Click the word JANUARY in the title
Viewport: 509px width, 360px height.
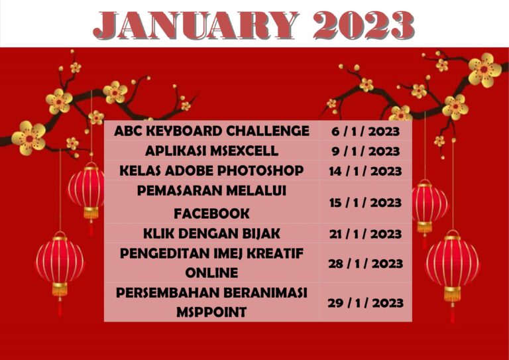pyautogui.click(x=196, y=25)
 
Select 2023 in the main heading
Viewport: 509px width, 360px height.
pyautogui.click(x=364, y=25)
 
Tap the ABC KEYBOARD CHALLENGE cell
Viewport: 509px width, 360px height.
pyautogui.click(x=211, y=131)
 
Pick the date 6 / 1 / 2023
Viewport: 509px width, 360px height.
pyautogui.click(x=365, y=131)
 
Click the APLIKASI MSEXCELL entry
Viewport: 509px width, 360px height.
pyautogui.click(x=211, y=150)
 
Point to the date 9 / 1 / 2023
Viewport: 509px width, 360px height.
pyautogui.click(x=365, y=151)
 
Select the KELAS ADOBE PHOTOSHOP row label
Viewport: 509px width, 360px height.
pyautogui.click(x=211, y=170)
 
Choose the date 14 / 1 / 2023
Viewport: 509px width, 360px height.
pyautogui.click(x=365, y=171)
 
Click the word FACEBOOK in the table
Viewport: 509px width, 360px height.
pyautogui.click(x=211, y=213)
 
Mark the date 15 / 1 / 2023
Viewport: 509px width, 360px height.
pyautogui.click(x=365, y=202)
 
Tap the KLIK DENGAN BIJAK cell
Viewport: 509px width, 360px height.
pyautogui.click(x=211, y=233)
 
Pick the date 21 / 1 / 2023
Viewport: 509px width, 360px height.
pyautogui.click(x=365, y=233)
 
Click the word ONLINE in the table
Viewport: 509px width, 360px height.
pyautogui.click(x=211, y=272)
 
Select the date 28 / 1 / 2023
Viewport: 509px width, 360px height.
pyautogui.click(x=365, y=263)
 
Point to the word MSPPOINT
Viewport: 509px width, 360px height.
pyautogui.click(x=211, y=312)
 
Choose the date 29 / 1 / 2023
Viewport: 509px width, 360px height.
pyautogui.click(x=365, y=302)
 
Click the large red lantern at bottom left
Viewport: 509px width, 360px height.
pyautogui.click(x=60, y=261)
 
